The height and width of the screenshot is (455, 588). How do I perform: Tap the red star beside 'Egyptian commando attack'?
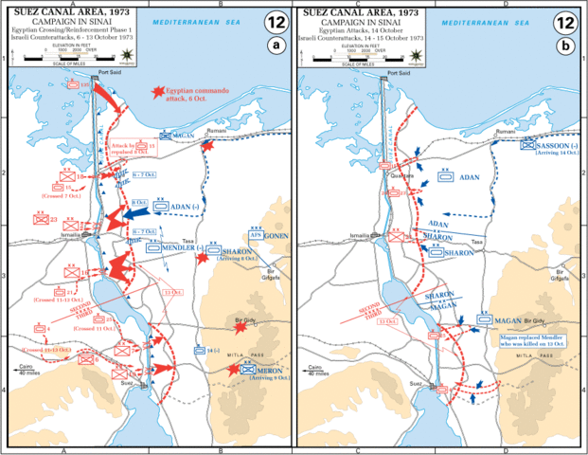(155, 92)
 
